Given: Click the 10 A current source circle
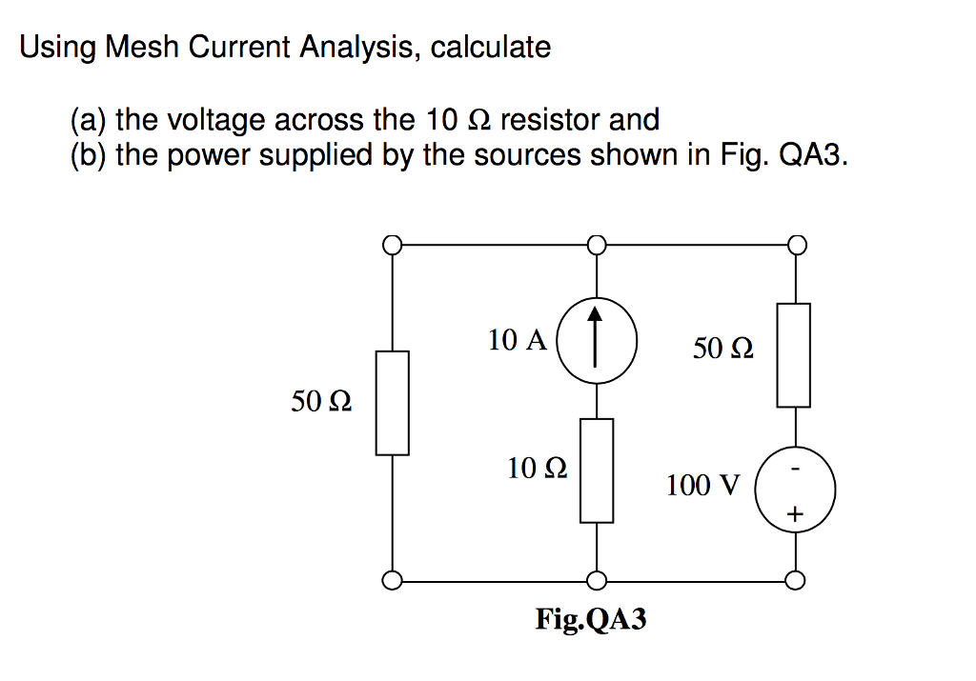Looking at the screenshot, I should (x=597, y=342).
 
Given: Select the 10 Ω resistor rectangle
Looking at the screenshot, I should (x=597, y=471).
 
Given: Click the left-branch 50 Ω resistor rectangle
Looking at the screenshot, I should (x=393, y=403).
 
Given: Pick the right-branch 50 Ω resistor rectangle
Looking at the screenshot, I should (x=795, y=355).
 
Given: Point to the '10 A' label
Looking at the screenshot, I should (x=517, y=340).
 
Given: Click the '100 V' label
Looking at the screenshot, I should (x=701, y=487).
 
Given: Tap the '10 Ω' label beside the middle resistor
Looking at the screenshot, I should (x=538, y=468).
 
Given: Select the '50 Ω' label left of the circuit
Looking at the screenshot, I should (x=320, y=403).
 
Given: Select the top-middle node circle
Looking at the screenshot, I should (x=597, y=246).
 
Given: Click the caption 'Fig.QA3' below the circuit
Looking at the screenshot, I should (x=591, y=620).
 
